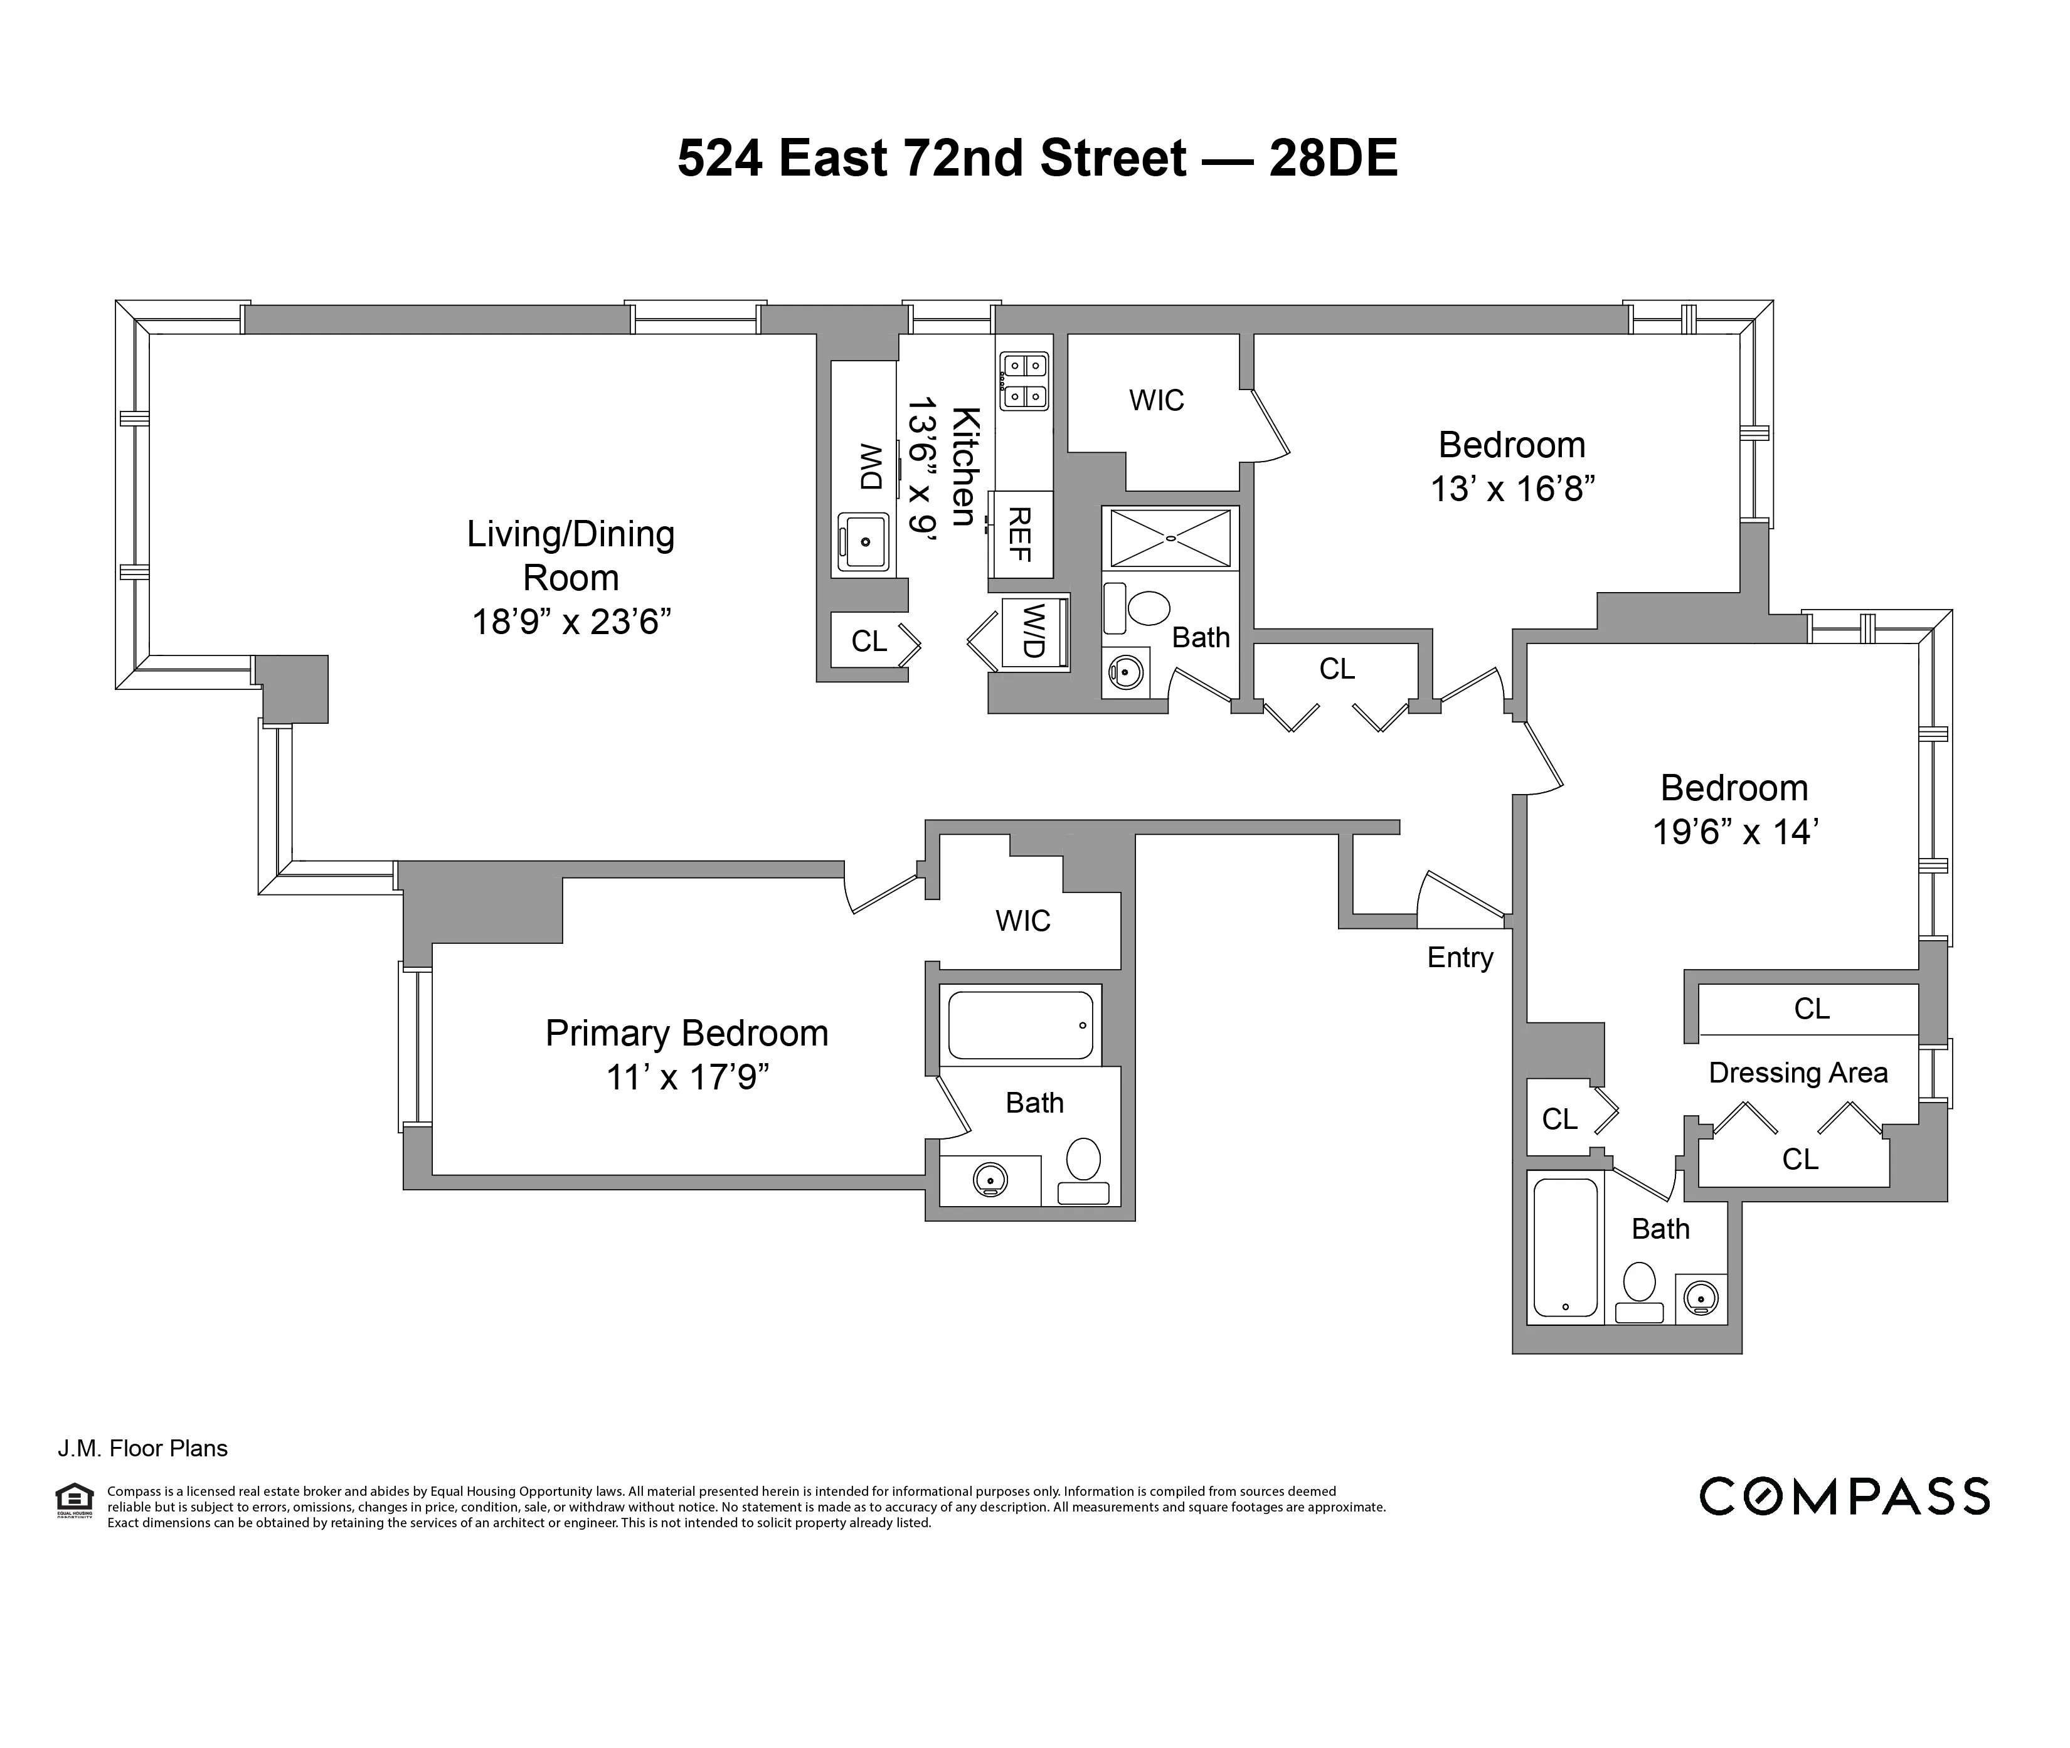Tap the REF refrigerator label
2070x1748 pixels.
(1020, 534)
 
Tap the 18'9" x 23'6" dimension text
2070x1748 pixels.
(571, 622)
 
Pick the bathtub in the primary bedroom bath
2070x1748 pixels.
(1020, 1025)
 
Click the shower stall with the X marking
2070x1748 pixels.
(1170, 538)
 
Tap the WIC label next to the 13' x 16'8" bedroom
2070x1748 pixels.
(1157, 400)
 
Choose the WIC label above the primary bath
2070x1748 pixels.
(1022, 921)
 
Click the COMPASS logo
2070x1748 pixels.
(1844, 1496)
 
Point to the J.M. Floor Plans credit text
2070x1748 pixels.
(142, 1449)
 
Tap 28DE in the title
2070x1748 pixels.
(1333, 159)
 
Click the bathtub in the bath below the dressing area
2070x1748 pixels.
(1566, 1247)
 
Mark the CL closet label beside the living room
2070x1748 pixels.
(869, 642)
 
